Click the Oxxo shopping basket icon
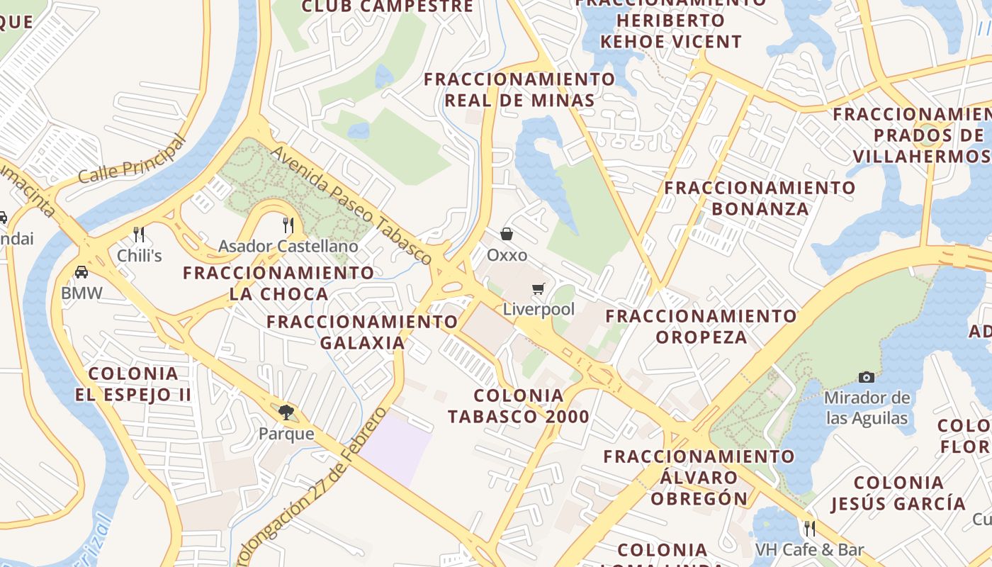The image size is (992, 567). click(507, 233)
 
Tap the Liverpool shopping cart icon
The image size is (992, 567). click(539, 288)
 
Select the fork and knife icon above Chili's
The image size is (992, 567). click(139, 235)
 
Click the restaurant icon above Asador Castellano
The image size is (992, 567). click(288, 225)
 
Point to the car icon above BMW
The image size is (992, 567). click(81, 271)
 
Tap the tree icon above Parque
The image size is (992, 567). click(286, 412)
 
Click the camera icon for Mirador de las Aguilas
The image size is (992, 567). click(866, 377)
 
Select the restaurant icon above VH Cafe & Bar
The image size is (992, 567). click(809, 528)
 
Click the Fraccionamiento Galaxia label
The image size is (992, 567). click(363, 332)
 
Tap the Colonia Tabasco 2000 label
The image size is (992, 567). click(519, 406)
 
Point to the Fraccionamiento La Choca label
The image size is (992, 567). click(278, 283)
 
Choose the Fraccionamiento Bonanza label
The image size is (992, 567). click(760, 198)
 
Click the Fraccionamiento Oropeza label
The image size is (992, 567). click(701, 326)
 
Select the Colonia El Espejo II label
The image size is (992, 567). click(133, 384)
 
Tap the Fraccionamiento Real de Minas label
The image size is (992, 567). click(519, 89)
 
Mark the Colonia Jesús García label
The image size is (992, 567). click(898, 493)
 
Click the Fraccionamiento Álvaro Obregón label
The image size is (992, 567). click(699, 477)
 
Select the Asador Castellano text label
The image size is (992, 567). click(288, 247)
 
